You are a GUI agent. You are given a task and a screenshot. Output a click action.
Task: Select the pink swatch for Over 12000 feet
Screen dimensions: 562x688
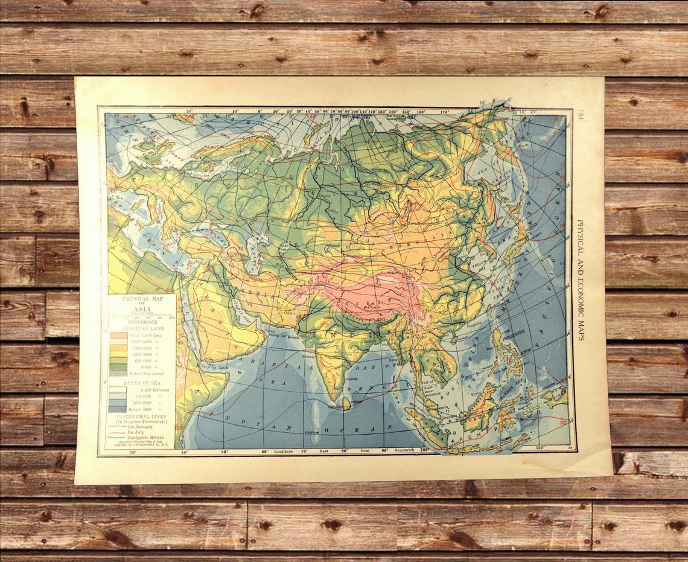(118, 335)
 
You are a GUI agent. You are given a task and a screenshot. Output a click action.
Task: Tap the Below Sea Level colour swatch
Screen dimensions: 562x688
(118, 374)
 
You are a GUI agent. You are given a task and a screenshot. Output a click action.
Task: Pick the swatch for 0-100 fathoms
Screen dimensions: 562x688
(118, 390)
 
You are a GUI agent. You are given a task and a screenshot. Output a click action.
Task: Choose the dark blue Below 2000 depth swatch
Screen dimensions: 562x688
(118, 409)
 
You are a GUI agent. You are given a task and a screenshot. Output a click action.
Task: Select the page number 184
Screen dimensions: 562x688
(580, 115)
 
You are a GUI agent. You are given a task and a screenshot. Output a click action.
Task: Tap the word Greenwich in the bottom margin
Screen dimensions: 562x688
(398, 451)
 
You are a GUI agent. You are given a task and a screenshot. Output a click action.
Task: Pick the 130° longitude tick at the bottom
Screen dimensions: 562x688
(540, 448)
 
